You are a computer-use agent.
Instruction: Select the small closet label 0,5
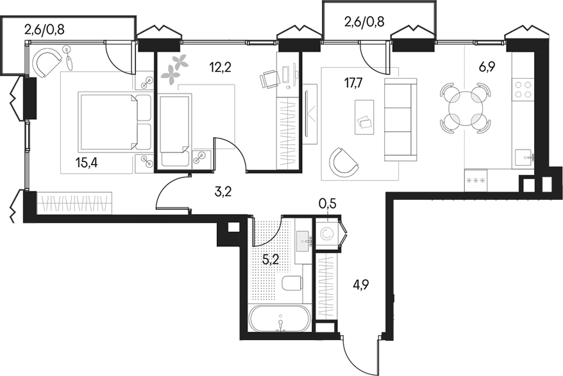pyautogui.click(x=327, y=205)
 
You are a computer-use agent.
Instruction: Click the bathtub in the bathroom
pyautogui.click(x=280, y=318)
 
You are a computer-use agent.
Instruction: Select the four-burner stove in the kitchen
pyautogui.click(x=523, y=90)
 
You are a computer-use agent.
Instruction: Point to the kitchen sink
pyautogui.click(x=523, y=156)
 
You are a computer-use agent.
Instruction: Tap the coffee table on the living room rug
pyautogui.click(x=365, y=117)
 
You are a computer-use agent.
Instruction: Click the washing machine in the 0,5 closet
pyautogui.click(x=328, y=234)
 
